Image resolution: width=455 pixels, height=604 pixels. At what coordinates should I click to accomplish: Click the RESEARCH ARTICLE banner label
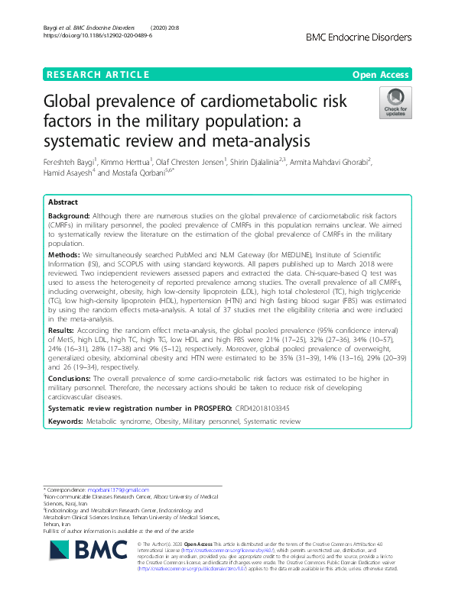(97, 74)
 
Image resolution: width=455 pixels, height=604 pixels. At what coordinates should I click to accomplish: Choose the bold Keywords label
(66, 422)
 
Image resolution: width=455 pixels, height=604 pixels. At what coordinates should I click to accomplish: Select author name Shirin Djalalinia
(277, 162)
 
